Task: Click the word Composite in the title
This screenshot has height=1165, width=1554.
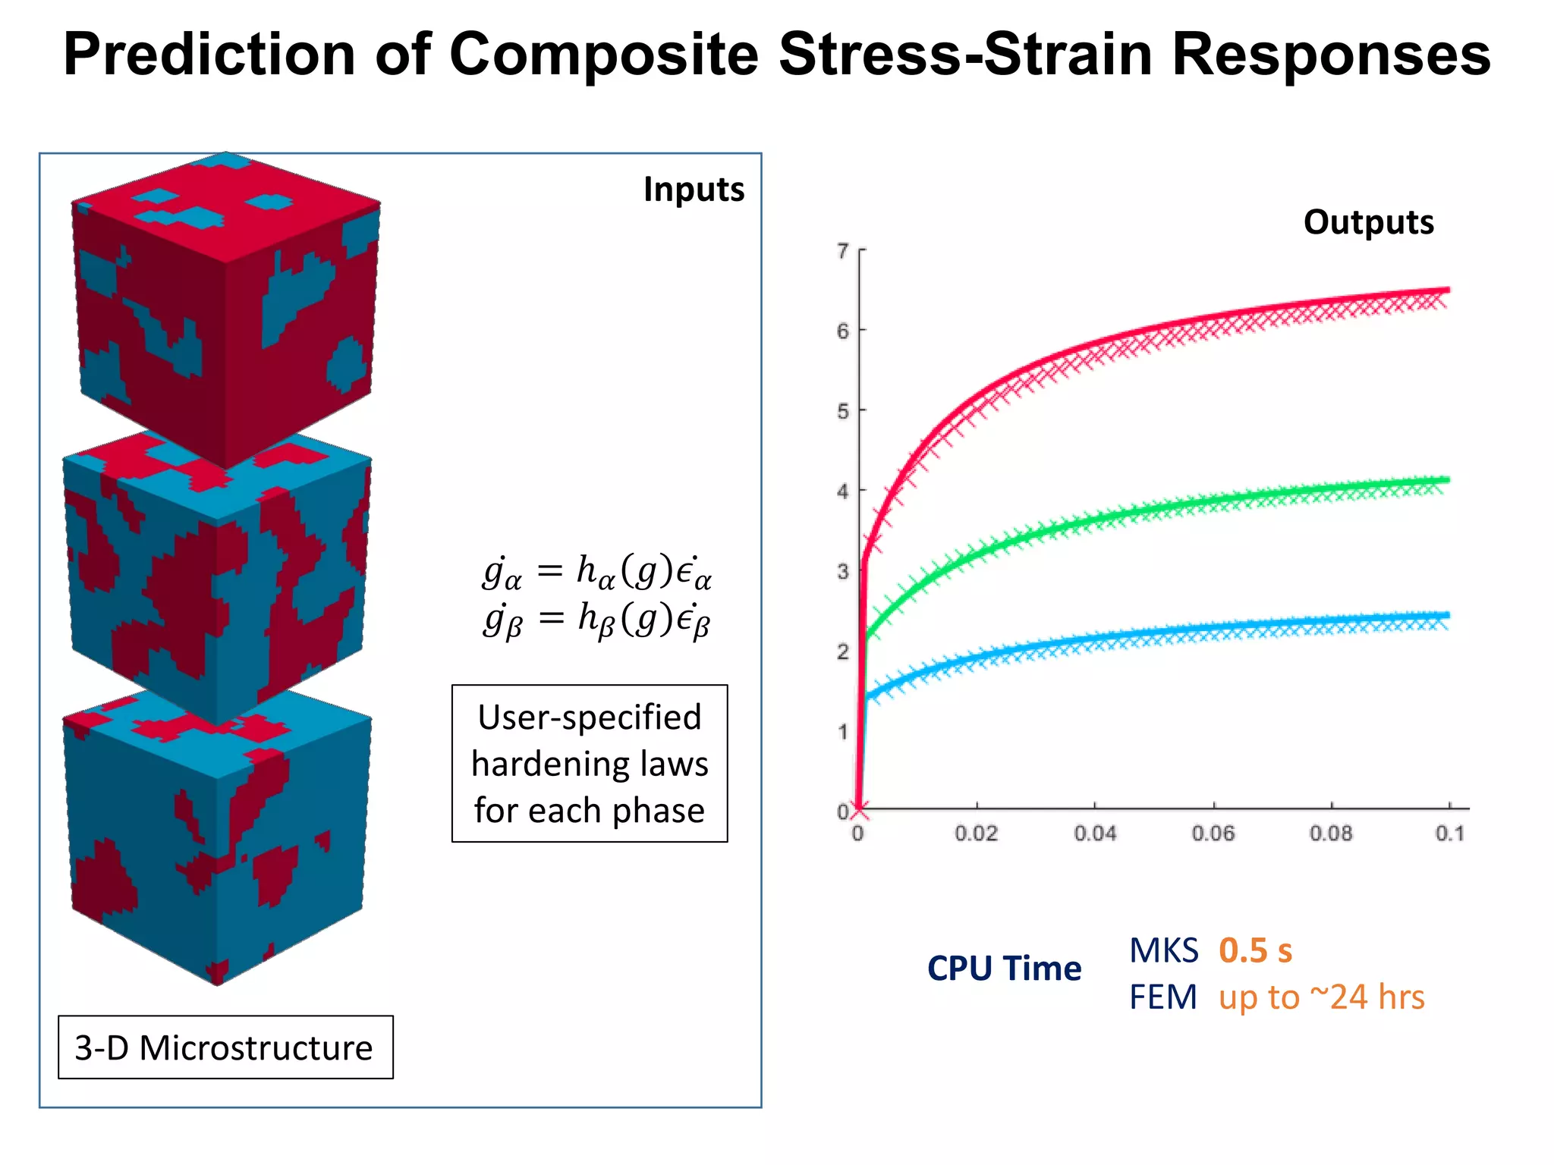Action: [603, 55]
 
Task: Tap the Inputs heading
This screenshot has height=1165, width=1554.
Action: [694, 190]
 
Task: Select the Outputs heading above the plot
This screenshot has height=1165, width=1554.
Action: [1368, 222]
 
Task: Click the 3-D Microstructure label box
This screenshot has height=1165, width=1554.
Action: [225, 1047]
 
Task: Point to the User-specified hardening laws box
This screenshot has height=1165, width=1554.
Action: [590, 763]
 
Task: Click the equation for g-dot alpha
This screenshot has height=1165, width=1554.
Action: [597, 572]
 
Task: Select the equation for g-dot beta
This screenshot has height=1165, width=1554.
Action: [597, 620]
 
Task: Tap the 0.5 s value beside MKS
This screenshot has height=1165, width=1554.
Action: [1255, 950]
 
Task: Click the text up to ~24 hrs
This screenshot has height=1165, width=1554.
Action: [1321, 997]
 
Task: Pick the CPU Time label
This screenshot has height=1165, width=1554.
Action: [1004, 969]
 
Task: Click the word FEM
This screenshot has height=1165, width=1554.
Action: [1162, 997]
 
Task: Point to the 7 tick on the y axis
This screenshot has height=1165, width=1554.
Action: [843, 250]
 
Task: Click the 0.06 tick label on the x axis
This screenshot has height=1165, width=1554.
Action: [1213, 834]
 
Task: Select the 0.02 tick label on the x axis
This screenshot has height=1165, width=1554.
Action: [976, 834]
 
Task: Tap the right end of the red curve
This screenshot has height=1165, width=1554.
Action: [1446, 290]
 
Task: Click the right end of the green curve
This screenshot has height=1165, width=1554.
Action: [1446, 480]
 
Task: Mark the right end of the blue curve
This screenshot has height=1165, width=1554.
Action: [1446, 616]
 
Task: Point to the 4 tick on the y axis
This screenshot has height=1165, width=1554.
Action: [843, 491]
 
